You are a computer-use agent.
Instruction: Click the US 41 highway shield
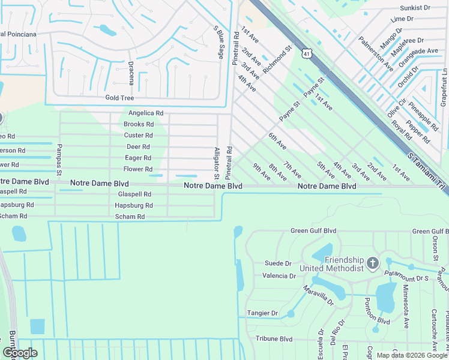(307, 54)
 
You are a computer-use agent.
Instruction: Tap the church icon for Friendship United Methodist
(372, 262)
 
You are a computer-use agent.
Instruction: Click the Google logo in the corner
(20, 353)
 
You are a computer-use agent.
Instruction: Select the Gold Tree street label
(119, 98)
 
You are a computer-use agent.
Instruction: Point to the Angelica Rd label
(146, 113)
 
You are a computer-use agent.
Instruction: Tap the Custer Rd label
(139, 136)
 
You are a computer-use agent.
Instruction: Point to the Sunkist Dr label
(415, 9)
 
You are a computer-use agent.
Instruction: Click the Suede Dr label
(278, 263)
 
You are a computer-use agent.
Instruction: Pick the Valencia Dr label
(279, 276)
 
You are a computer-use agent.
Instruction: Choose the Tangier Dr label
(262, 313)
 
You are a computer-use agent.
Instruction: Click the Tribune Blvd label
(274, 339)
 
